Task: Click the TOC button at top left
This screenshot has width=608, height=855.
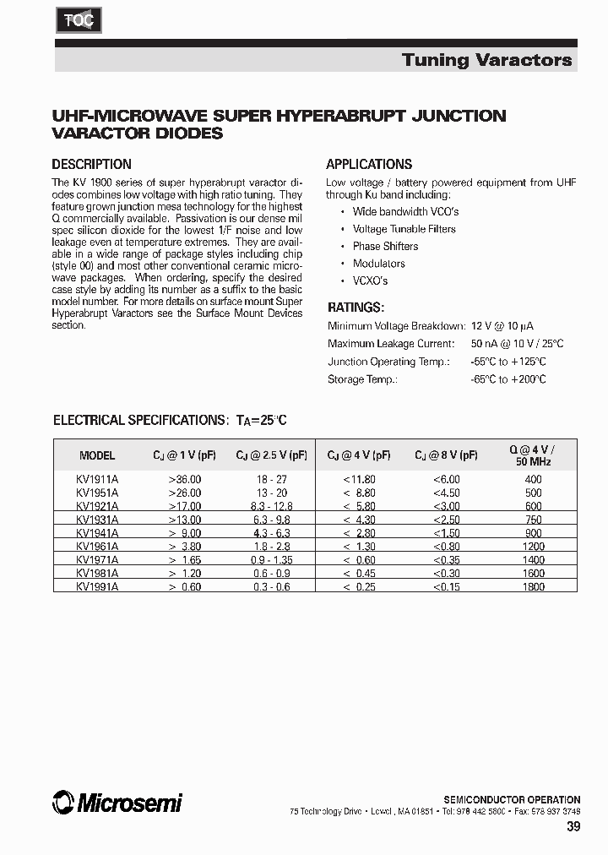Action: [79, 19]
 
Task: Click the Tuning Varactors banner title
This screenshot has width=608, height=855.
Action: [486, 59]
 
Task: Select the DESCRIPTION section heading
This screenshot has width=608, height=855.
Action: [91, 165]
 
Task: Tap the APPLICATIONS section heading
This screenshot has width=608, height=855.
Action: [369, 165]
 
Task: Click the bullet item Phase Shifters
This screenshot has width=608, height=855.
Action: [385, 246]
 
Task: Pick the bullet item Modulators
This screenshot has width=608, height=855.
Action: [378, 264]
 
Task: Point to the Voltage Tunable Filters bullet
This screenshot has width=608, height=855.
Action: [404, 229]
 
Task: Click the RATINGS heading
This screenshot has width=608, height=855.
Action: [356, 308]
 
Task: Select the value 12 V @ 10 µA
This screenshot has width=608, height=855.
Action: [502, 326]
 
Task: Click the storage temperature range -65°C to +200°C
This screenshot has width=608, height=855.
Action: [508, 379]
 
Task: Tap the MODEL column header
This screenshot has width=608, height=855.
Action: [97, 455]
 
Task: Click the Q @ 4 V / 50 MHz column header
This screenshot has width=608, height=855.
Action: [533, 455]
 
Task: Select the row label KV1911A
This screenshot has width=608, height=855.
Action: [97, 479]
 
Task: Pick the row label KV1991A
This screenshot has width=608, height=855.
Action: [97, 586]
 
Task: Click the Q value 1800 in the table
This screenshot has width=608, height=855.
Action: [533, 586]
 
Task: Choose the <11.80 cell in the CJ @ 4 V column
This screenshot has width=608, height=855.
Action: [359, 479]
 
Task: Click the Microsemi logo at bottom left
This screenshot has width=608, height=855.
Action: [117, 802]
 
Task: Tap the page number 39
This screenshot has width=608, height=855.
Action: [573, 826]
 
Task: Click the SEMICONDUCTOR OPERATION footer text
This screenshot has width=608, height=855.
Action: [512, 799]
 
